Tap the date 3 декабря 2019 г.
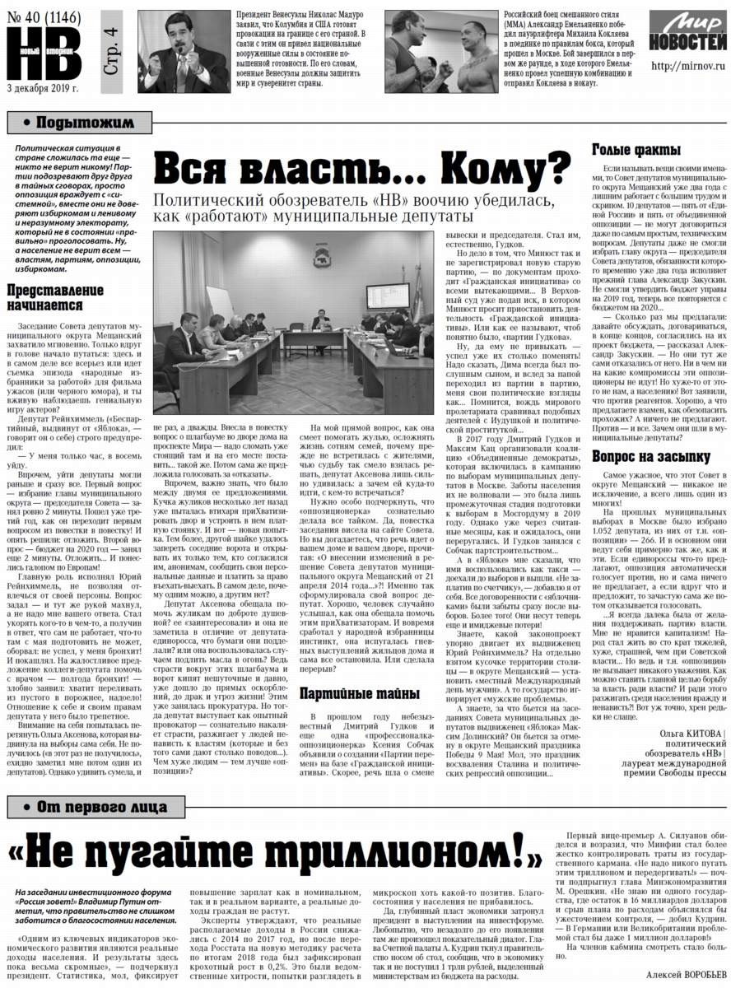click(41, 88)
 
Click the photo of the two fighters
click(441, 52)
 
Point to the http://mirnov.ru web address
click(682, 65)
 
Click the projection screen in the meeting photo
click(389, 296)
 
